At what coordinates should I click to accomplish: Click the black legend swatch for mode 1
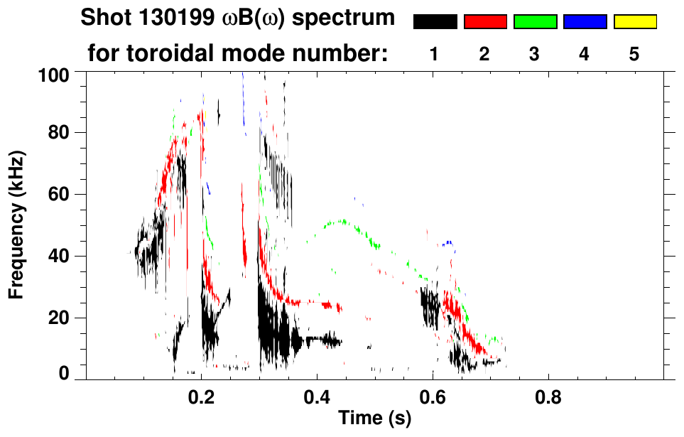click(435, 22)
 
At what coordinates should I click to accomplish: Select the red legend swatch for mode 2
click(485, 22)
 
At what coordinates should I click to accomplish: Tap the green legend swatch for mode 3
click(535, 22)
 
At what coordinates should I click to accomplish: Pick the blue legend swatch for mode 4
click(585, 22)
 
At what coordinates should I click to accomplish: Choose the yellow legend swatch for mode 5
click(635, 22)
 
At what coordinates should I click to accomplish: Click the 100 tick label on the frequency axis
click(54, 75)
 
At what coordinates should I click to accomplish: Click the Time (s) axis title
click(374, 419)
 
